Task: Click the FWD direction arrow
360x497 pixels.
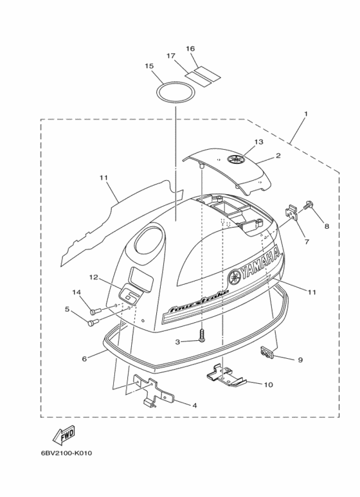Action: pos(64,435)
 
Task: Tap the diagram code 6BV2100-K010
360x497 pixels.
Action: pos(66,453)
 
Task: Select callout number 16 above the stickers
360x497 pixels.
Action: pos(190,48)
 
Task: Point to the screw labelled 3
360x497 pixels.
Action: pos(202,336)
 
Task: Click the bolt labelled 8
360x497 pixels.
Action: pos(307,204)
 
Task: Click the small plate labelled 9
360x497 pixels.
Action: pos(267,352)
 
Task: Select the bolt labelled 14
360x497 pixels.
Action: pos(94,311)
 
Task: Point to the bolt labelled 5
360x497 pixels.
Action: pos(93,322)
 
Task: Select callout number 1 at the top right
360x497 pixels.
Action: pos(306,113)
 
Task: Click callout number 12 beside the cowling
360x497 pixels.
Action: pos(94,277)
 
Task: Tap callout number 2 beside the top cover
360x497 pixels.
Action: pos(278,156)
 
